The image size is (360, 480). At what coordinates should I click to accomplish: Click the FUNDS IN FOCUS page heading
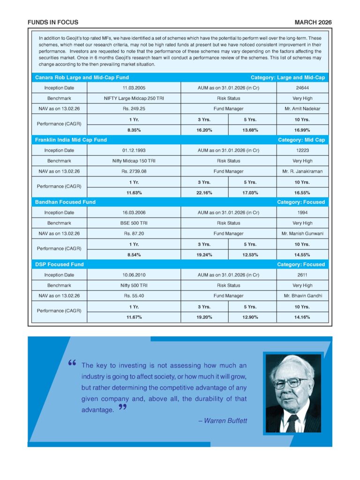coord(53,22)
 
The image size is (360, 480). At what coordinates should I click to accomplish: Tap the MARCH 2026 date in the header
coord(313,22)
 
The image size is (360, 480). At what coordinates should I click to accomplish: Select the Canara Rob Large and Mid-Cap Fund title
coord(82,77)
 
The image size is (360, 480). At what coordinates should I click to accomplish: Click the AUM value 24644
coord(302,88)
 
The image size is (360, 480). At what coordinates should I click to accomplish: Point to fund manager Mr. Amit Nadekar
coord(302,109)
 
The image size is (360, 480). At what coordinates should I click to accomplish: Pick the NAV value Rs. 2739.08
coord(134,172)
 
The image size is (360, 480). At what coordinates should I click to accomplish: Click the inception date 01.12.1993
coord(134,150)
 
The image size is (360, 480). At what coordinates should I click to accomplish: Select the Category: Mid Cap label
coord(301,140)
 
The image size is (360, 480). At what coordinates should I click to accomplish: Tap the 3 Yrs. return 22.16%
coord(204,193)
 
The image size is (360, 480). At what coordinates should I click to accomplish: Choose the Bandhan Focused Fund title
coord(65,202)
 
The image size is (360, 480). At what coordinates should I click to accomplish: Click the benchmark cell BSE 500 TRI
coord(134,223)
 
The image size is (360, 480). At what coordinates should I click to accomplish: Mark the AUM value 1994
coord(302,213)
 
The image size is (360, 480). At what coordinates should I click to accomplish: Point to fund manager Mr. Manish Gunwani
coord(302,233)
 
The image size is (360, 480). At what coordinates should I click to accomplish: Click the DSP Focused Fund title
coord(60,264)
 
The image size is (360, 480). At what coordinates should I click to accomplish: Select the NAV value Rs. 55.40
coord(134,296)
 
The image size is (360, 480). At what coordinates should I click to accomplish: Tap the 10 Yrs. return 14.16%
coord(302,317)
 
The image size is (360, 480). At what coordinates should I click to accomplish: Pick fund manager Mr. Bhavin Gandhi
coord(302,296)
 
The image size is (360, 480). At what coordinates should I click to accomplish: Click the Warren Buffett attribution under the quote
coord(222,421)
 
